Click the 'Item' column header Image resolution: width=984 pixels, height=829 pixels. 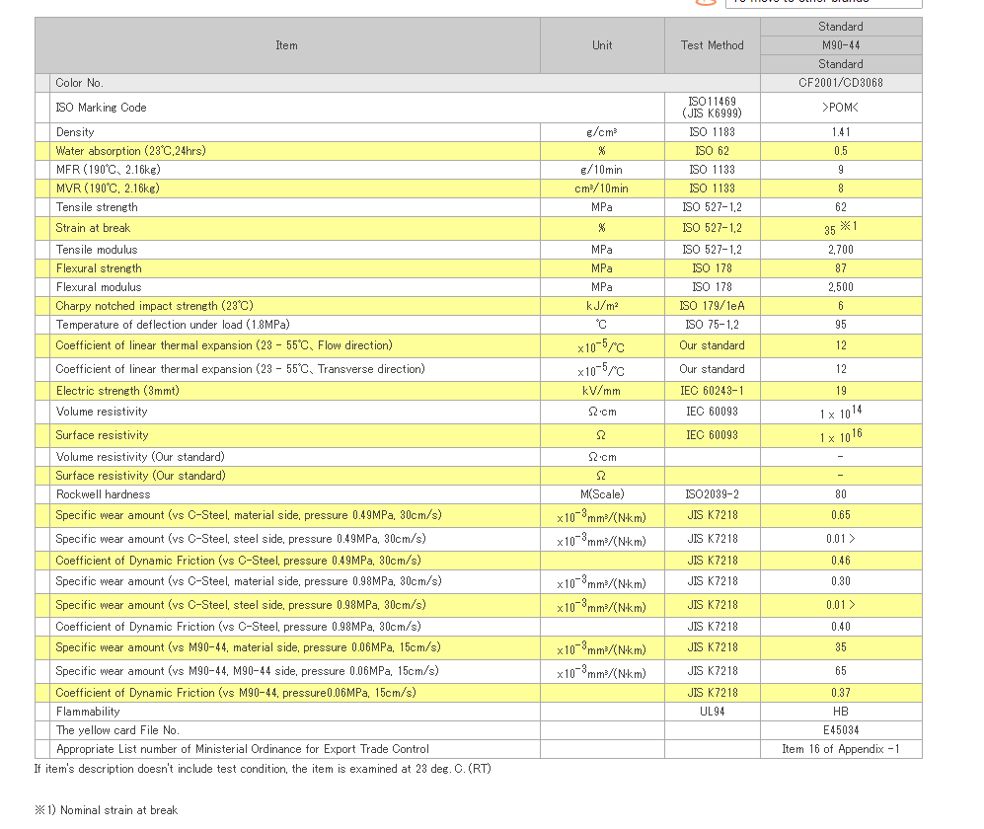[x=287, y=45]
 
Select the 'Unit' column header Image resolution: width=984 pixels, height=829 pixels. [x=602, y=45]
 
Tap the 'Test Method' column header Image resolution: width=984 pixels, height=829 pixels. [x=713, y=45]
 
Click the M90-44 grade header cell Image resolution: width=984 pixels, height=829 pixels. [x=841, y=45]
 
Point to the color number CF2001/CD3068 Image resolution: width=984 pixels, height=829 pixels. [x=841, y=83]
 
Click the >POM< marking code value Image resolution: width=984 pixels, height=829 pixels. [x=841, y=108]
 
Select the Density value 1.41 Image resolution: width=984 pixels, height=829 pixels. [x=841, y=132]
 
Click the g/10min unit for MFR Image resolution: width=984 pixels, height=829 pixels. [x=602, y=170]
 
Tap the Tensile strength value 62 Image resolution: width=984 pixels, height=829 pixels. [x=841, y=207]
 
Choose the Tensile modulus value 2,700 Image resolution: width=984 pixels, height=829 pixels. [x=841, y=250]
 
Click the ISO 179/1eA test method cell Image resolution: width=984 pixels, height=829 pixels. [x=713, y=306]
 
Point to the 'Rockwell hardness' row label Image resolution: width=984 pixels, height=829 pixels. [x=104, y=494]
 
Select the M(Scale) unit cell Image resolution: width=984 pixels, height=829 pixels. [x=602, y=494]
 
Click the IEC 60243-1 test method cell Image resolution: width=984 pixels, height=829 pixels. [x=713, y=391]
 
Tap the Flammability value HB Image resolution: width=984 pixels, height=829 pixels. [x=841, y=712]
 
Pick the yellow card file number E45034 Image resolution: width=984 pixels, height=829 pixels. [x=841, y=730]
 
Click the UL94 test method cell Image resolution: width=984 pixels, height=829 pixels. [x=713, y=712]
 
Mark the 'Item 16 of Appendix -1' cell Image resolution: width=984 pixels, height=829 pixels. [x=841, y=749]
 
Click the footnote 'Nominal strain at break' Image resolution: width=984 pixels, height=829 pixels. [x=119, y=810]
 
